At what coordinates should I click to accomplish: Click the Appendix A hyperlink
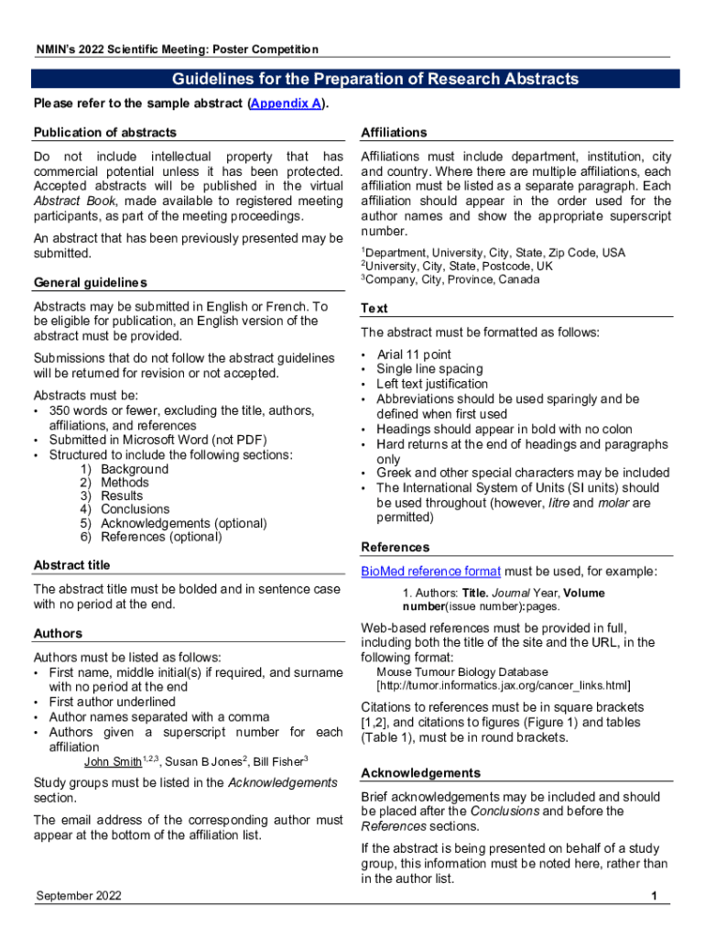click(x=285, y=104)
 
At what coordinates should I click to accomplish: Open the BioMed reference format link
click(x=430, y=572)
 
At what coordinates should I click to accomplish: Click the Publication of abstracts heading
click(x=105, y=133)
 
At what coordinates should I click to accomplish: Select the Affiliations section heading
click(x=394, y=133)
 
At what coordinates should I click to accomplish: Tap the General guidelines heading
click(x=90, y=282)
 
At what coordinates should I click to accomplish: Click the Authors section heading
click(x=58, y=633)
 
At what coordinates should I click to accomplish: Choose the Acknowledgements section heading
click(x=420, y=772)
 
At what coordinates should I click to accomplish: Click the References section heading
click(x=395, y=547)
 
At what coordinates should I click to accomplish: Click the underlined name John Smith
click(x=113, y=762)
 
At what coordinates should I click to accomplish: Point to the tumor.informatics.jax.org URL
click(x=504, y=685)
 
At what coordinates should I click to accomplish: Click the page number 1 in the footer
click(x=655, y=897)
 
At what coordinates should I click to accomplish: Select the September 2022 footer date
click(x=79, y=897)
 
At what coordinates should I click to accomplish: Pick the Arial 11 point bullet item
click(x=413, y=354)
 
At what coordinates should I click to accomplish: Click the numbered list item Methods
click(x=125, y=483)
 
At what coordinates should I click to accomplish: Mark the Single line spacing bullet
click(x=429, y=369)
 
